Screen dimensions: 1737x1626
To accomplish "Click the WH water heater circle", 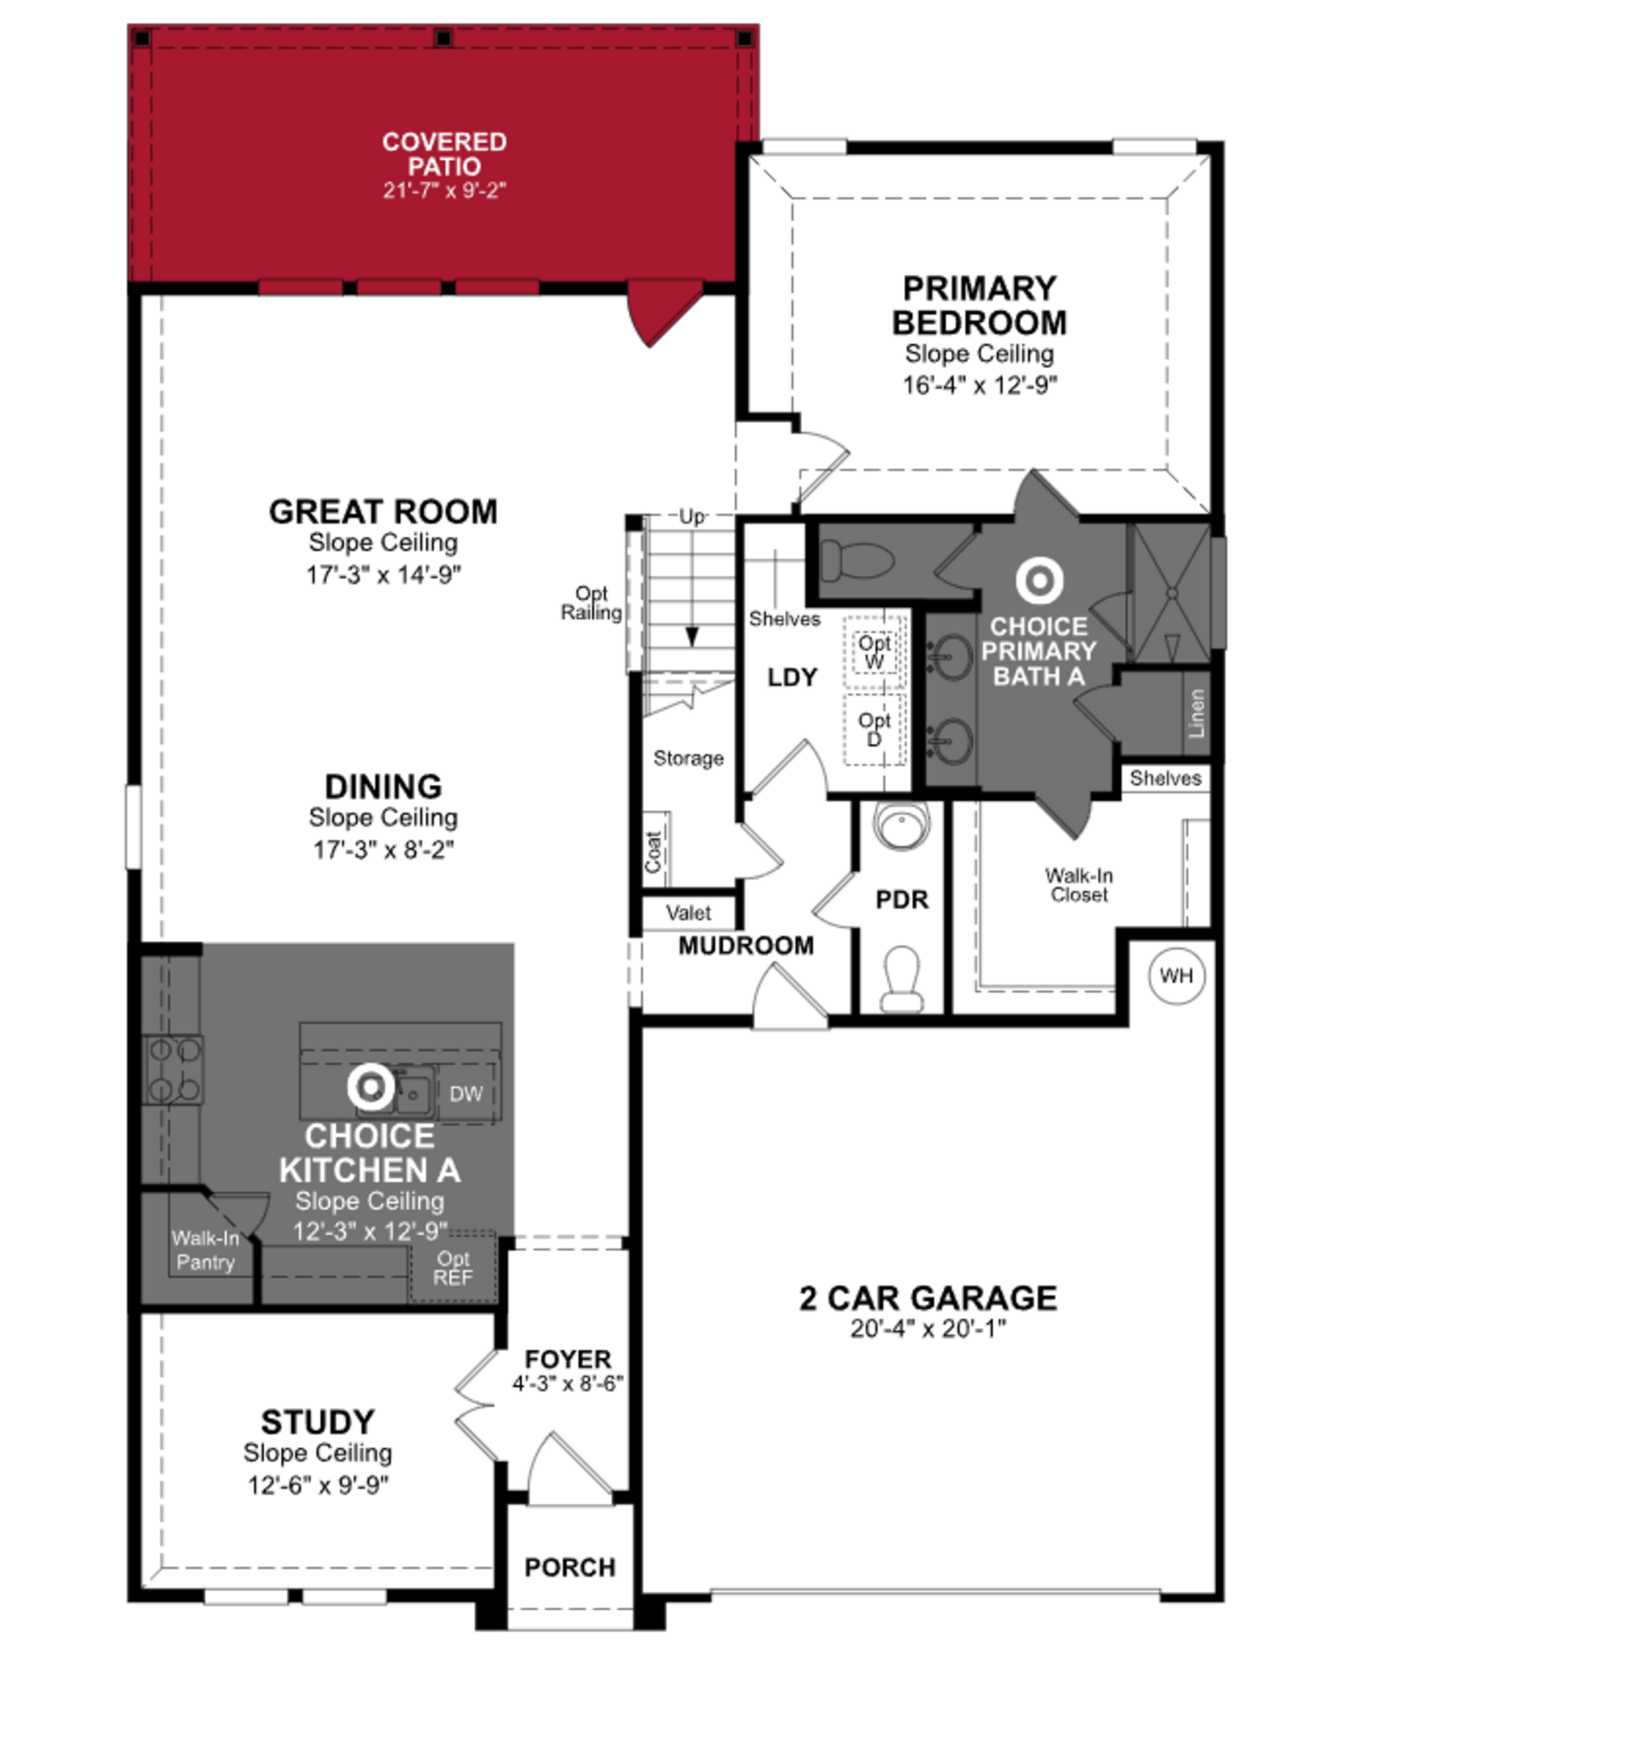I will [x=1176, y=975].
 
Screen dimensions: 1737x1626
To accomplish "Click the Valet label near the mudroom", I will [x=689, y=913].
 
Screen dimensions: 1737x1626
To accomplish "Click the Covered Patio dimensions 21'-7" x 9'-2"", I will [x=444, y=191].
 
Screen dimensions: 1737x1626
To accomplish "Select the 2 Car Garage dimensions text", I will [x=928, y=1329].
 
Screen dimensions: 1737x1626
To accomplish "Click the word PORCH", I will [x=570, y=1568].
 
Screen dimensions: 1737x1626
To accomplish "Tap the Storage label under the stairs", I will [x=689, y=758].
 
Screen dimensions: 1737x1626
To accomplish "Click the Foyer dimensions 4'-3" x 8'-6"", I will [x=568, y=1384].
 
